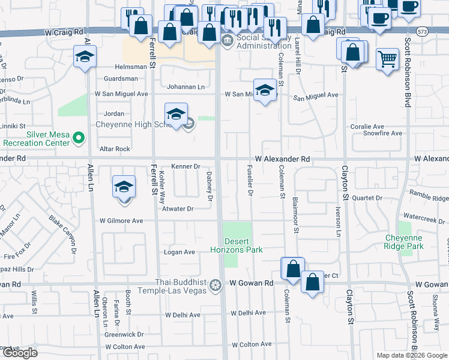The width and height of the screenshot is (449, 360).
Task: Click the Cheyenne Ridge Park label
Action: [404, 242]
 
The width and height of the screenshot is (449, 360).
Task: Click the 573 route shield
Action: [424, 32]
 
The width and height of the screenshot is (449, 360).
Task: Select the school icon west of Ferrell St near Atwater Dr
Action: [124, 187]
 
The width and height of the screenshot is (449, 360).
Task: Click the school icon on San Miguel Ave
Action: [264, 91]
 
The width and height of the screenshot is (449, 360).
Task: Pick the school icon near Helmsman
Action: [85, 57]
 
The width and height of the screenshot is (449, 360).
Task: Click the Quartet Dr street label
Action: [367, 198]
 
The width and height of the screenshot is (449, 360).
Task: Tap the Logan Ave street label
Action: [179, 253]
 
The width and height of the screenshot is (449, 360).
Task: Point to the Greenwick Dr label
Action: [124, 334]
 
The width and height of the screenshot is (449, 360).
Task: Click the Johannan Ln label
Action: [185, 87]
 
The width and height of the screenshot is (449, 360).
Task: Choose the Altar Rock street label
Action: [115, 149]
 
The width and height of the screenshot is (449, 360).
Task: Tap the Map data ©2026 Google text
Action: [411, 355]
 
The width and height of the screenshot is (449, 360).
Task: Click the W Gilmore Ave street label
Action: [121, 221]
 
